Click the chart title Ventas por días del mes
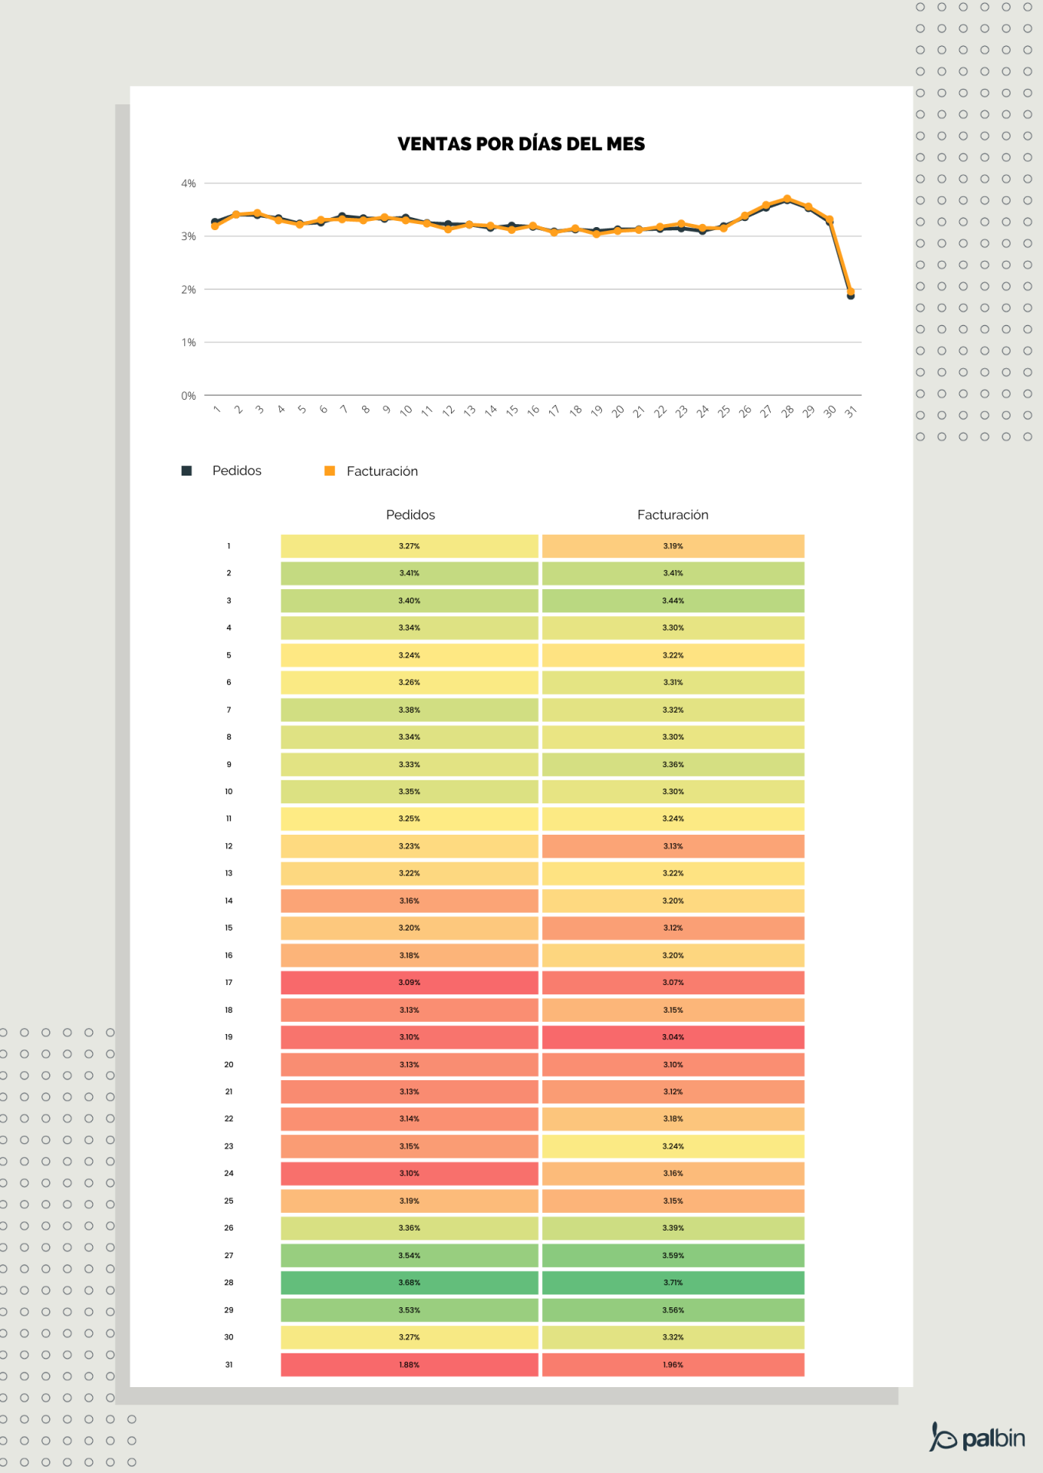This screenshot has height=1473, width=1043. click(521, 144)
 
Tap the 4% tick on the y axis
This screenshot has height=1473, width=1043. click(188, 183)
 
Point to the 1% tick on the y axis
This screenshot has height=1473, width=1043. click(188, 342)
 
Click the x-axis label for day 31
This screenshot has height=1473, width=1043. click(850, 412)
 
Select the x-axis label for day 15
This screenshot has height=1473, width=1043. click(512, 411)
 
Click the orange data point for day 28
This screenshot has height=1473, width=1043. click(787, 199)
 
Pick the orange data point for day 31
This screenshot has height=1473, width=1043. click(851, 292)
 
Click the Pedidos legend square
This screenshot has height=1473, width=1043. click(186, 471)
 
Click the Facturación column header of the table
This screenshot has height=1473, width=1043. click(673, 515)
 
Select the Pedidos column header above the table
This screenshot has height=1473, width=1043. click(410, 515)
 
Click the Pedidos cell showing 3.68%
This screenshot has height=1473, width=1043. click(409, 1283)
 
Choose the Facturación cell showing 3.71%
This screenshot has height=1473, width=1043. click(673, 1283)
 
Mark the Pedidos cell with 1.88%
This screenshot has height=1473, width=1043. click(409, 1365)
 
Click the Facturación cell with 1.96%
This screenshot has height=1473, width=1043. click(673, 1365)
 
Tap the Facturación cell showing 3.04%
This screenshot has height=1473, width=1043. click(673, 1037)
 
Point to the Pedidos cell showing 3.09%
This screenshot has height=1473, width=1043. click(409, 983)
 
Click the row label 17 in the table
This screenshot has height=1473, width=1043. click(229, 983)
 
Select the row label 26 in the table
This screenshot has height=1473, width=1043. click(229, 1228)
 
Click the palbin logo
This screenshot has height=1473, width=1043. click(978, 1437)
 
